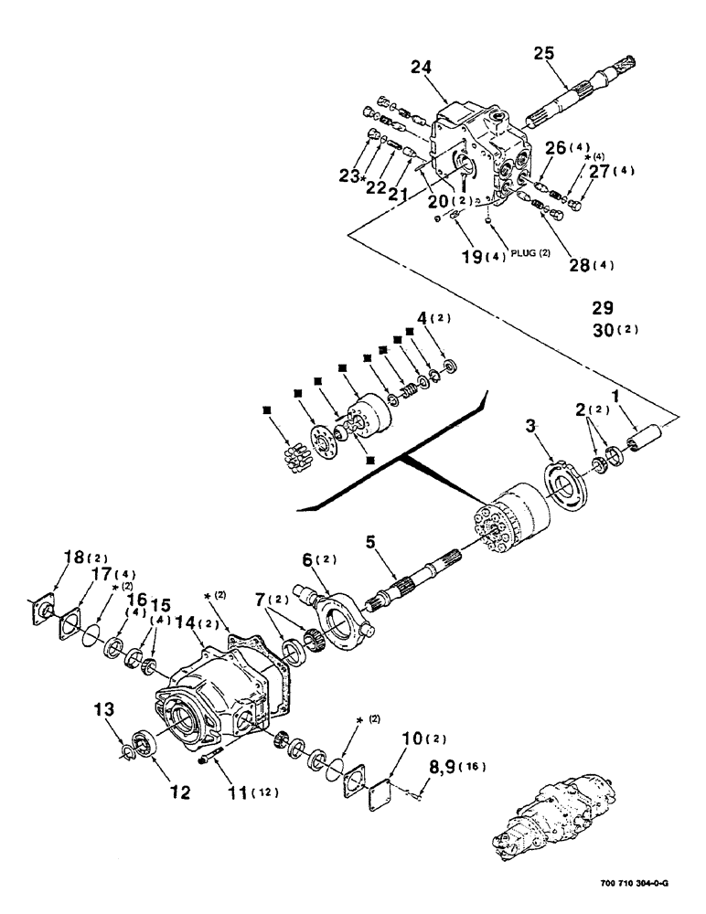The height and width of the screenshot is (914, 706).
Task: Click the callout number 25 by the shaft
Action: (x=543, y=55)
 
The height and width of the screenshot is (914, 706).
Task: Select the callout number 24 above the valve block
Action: (x=446, y=68)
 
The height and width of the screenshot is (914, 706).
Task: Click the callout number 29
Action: (x=604, y=307)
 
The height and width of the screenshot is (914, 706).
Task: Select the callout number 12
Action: (x=180, y=792)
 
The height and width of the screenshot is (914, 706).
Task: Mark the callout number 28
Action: (x=577, y=265)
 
